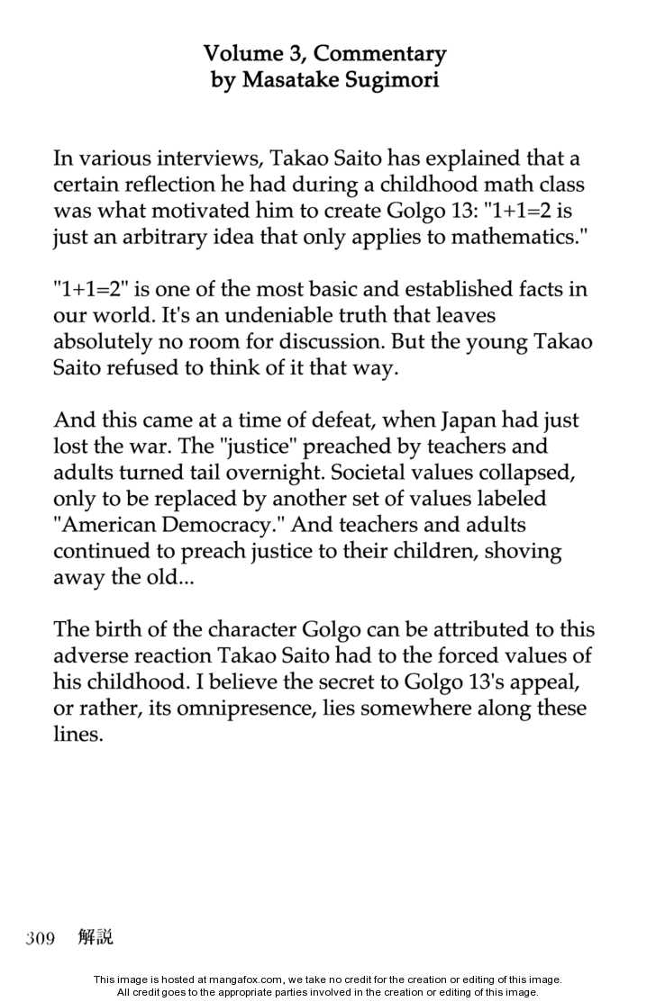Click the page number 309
[x=41, y=938]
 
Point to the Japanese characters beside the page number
[x=96, y=937]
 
